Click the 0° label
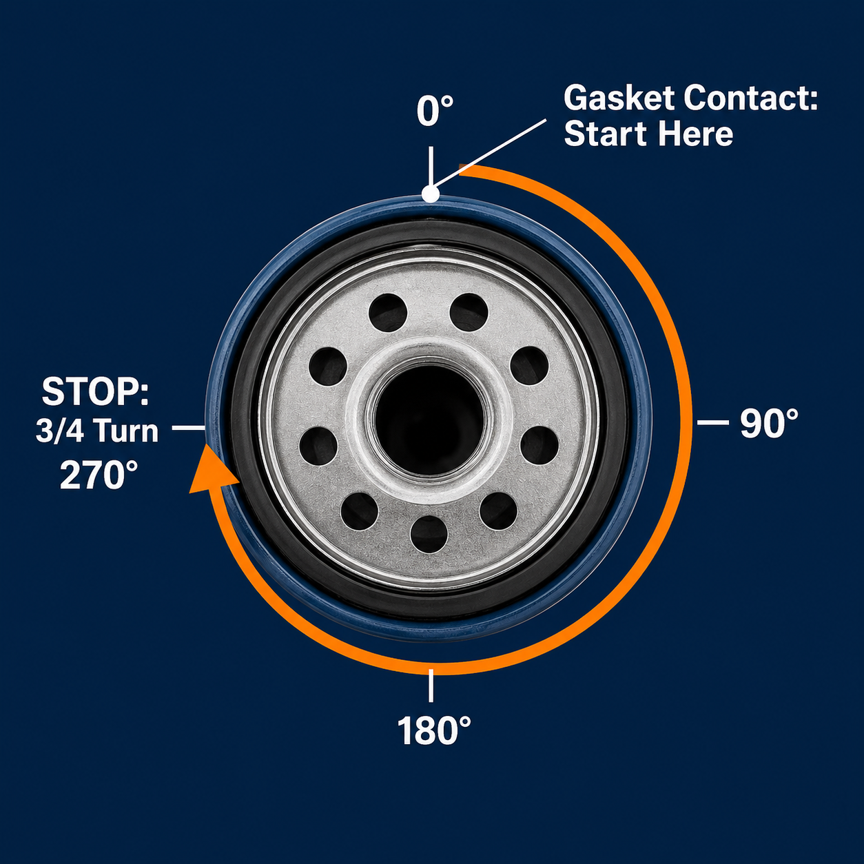point(435,111)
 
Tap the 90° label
point(769,423)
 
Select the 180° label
point(434,730)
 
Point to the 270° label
point(99,475)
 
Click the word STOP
point(95,392)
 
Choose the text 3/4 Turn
point(97,431)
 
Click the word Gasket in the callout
point(619,99)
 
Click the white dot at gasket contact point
point(431,194)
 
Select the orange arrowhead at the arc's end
point(211,470)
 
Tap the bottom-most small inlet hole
point(429,534)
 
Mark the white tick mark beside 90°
point(712,422)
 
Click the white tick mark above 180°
point(431,686)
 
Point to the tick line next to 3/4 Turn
point(189,428)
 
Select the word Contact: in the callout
point(752,99)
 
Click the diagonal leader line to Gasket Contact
point(491,154)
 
